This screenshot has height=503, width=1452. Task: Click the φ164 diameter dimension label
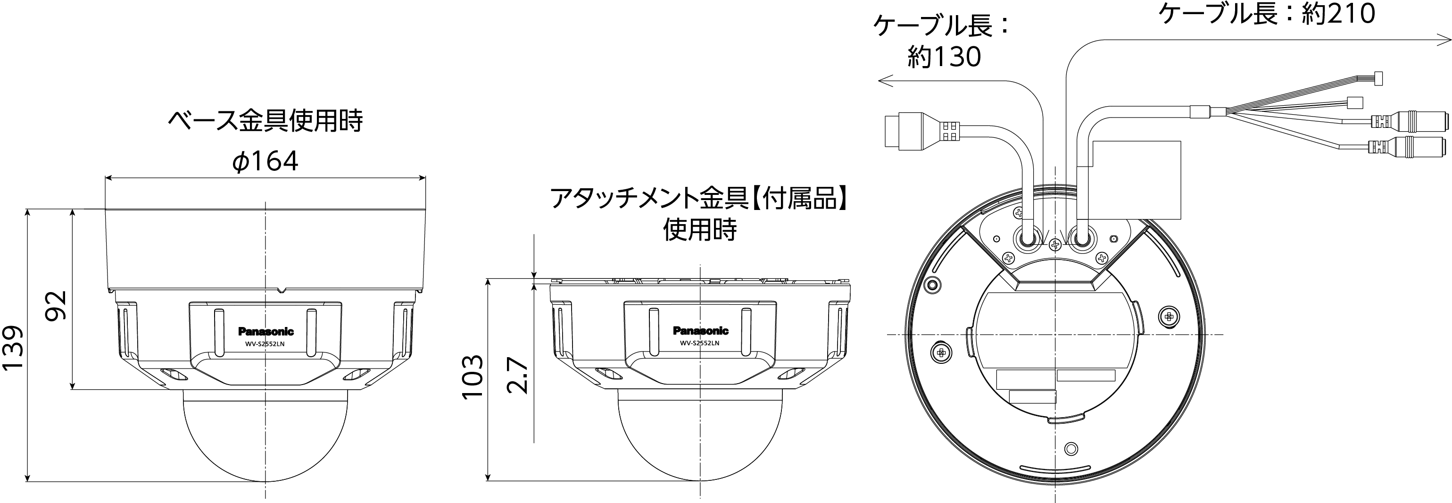click(265, 162)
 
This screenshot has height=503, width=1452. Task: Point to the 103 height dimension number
click(473, 376)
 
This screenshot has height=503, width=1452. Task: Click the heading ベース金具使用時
click(265, 120)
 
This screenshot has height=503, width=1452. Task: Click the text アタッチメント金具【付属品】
click(699, 199)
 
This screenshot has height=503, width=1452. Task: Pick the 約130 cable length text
click(944, 57)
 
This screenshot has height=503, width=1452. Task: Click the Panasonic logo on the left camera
click(266, 332)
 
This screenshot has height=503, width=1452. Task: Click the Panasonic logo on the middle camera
click(701, 331)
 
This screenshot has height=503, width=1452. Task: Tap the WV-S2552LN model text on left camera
click(265, 343)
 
